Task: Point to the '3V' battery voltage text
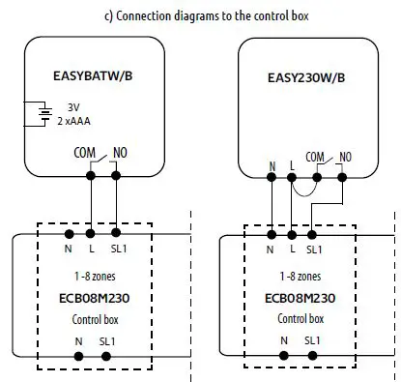(x=72, y=108)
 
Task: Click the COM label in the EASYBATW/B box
(x=85, y=152)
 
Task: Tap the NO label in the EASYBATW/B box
(x=119, y=152)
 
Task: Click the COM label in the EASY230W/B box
(x=315, y=155)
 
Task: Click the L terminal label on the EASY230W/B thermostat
(x=293, y=164)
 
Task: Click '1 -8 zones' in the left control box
(x=95, y=278)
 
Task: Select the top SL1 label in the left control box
(x=117, y=250)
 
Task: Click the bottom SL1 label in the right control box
(x=313, y=340)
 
